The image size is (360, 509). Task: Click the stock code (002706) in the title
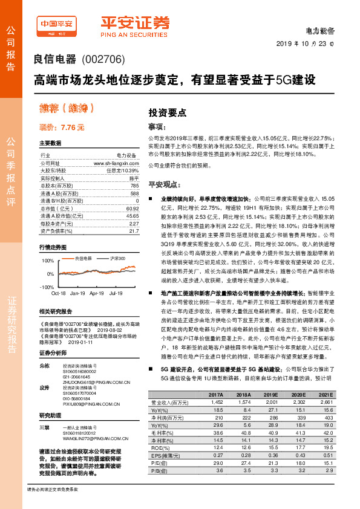(102, 60)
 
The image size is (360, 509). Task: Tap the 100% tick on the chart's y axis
(47, 261)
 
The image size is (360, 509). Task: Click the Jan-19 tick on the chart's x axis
(77, 292)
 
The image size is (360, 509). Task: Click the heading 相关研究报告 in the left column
(54, 311)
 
